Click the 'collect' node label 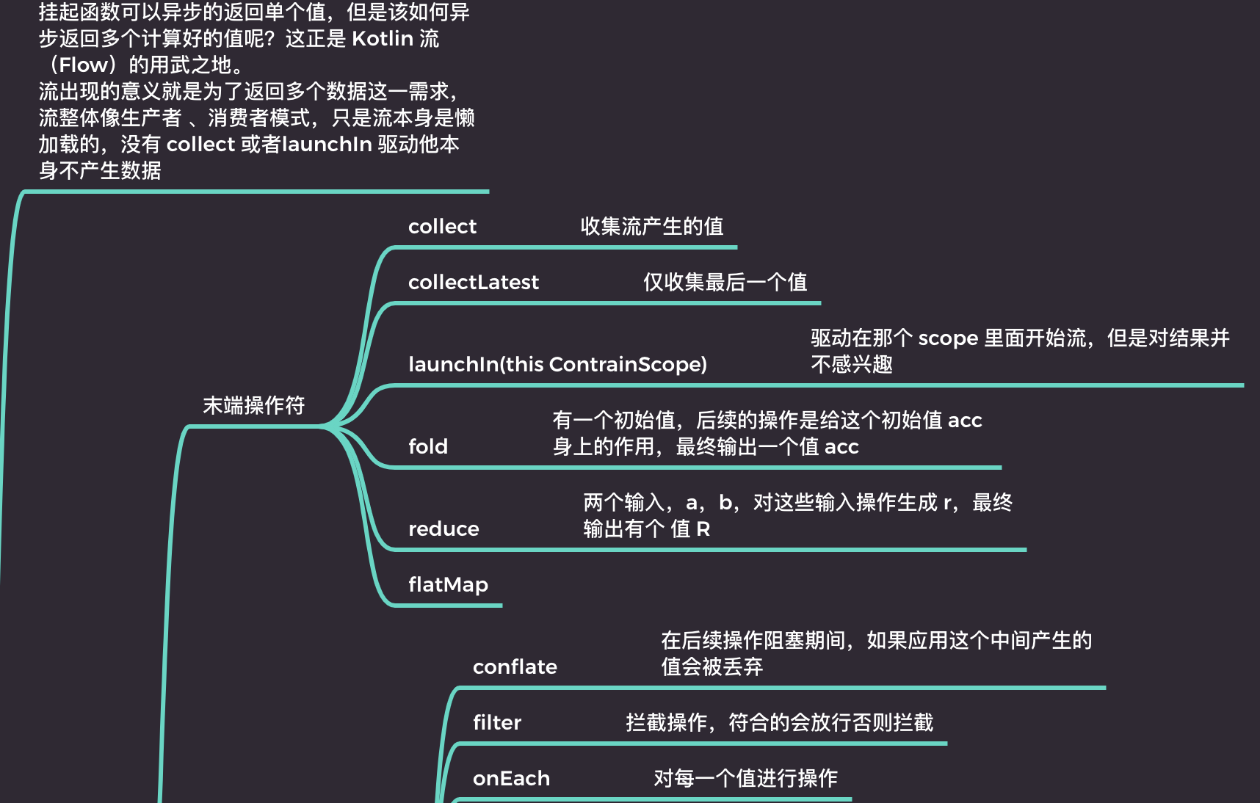point(442,227)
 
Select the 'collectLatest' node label point(473,283)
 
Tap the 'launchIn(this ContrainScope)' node point(557,365)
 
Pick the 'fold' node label point(427,447)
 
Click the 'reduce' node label point(443,529)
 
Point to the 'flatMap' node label point(448,585)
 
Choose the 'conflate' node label point(515,667)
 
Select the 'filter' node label point(496,723)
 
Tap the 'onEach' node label point(511,779)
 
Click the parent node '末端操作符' point(253,406)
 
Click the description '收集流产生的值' point(652,227)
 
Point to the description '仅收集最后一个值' point(725,283)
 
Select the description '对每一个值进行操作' point(745,779)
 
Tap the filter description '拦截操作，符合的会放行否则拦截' point(779,723)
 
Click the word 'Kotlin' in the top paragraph point(383,39)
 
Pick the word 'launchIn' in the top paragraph point(327,145)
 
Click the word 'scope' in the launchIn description point(948,338)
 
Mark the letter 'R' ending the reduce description point(703,529)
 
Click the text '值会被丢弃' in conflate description point(712,667)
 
